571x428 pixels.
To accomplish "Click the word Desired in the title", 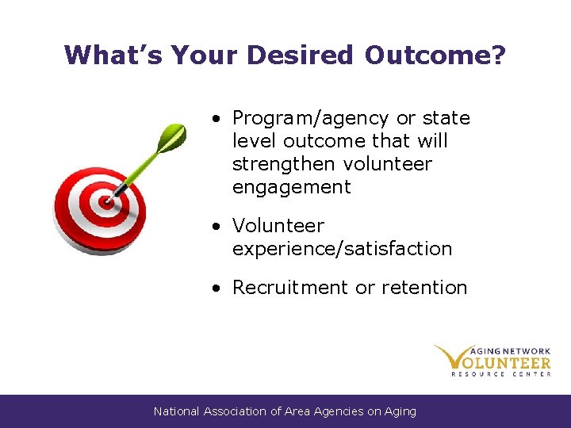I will click(300, 55).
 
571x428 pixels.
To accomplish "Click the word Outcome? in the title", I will click(435, 55).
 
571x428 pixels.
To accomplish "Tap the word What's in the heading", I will click(111, 55).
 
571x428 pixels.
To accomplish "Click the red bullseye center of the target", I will click(106, 201).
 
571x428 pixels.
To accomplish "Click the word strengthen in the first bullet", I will click(285, 164).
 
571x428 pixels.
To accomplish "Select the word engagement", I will click(291, 187).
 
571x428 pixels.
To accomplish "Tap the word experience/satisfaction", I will click(342, 249).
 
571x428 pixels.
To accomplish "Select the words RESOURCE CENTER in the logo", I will click(500, 373).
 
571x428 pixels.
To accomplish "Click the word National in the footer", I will click(177, 411).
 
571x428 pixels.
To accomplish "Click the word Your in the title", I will click(204, 55).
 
